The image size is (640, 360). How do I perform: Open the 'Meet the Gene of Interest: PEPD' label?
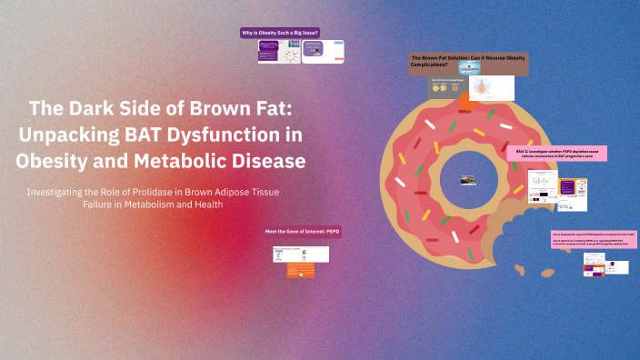click(x=303, y=231)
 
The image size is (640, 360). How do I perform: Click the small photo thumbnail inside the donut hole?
click(x=469, y=179)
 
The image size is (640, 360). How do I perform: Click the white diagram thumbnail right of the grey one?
click(x=490, y=88)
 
